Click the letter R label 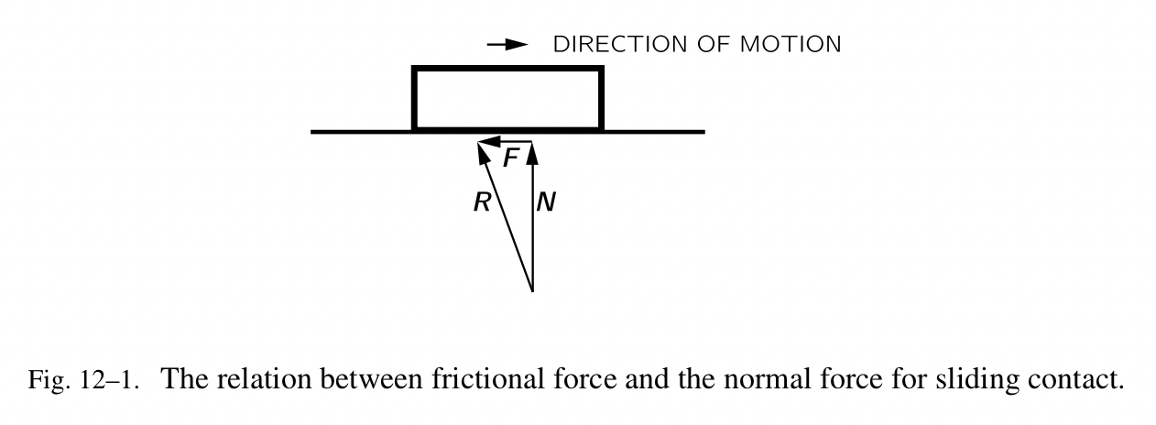tap(482, 203)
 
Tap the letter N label tap(546, 203)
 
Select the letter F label tap(511, 158)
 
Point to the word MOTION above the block tap(796, 44)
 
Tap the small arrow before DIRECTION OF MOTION tap(508, 44)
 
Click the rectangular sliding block tap(507, 98)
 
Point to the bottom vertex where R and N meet tap(532, 292)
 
